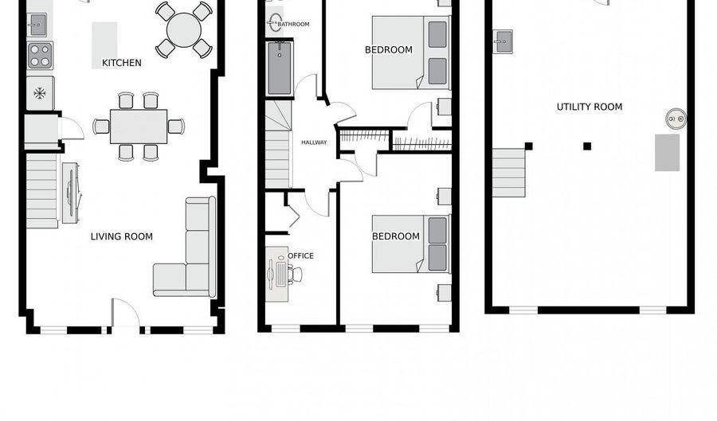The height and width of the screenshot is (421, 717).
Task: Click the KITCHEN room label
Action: click(122, 63)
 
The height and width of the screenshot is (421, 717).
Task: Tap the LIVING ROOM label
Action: click(121, 236)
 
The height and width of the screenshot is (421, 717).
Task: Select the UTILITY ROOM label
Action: click(590, 107)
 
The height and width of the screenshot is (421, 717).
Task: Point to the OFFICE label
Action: click(301, 255)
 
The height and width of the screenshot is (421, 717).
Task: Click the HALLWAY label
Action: click(314, 142)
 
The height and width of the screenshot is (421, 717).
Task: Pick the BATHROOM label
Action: click(293, 25)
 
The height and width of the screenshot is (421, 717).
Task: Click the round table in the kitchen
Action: click(184, 30)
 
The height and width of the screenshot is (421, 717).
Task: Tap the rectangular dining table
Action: click(139, 126)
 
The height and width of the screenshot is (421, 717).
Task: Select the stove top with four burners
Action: click(40, 56)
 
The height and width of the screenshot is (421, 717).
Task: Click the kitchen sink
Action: click(38, 25)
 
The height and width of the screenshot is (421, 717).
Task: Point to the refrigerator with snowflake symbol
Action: click(39, 93)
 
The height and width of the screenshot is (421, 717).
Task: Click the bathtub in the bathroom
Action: click(280, 68)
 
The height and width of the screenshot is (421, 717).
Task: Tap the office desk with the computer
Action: click(276, 273)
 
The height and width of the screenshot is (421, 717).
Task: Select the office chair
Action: click(295, 275)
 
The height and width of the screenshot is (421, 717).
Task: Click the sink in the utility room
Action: click(503, 41)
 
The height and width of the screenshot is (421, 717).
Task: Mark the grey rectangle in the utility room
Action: click(667, 153)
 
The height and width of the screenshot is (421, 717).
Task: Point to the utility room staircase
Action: click(508, 173)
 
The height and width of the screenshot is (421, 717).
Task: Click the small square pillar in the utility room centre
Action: click(587, 146)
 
